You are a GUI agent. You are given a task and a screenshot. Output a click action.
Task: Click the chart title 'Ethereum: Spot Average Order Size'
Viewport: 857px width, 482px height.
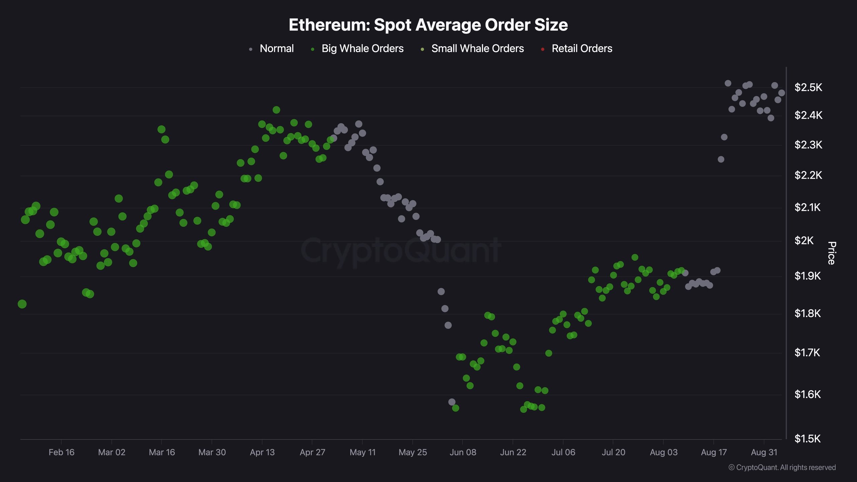pos(428,25)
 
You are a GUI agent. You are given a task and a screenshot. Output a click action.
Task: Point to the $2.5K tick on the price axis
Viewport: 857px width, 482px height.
pos(808,87)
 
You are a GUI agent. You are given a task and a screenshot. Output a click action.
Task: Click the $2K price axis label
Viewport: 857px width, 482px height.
pos(804,240)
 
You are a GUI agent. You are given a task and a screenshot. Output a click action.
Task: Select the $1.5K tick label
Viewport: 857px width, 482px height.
pos(807,438)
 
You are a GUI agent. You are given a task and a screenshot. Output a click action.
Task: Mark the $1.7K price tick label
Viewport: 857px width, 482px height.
pos(807,352)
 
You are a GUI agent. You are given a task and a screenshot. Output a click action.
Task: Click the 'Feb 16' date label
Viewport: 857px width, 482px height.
pos(62,452)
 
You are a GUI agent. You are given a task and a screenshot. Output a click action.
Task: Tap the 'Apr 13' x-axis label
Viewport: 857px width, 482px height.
pos(262,452)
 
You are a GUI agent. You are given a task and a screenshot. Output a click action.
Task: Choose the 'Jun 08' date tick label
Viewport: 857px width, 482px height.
pos(463,452)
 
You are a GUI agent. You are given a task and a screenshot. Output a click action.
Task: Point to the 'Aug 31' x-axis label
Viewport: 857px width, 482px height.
pos(764,452)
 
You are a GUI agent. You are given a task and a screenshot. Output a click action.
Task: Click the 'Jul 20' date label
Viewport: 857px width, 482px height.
pos(613,452)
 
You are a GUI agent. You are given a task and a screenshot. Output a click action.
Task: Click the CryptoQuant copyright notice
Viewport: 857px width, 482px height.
pos(782,467)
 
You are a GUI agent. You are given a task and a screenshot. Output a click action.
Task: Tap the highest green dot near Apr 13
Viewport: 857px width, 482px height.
pos(276,110)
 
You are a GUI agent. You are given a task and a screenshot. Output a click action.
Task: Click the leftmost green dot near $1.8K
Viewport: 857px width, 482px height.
pos(22,304)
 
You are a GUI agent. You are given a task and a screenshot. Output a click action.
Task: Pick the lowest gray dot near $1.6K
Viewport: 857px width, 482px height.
pos(452,402)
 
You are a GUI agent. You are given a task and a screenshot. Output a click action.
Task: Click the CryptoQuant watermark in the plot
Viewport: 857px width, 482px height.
pos(401,250)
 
